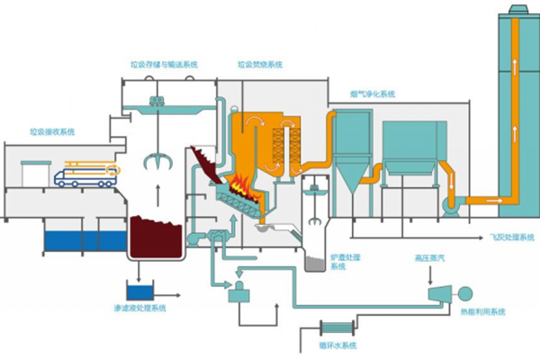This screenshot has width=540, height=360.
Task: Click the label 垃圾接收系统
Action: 51,131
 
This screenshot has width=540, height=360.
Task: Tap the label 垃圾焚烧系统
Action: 260,65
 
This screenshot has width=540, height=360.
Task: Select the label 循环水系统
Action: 338,346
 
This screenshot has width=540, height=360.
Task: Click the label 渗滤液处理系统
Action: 140,309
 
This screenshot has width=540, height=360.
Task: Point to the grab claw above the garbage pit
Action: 158,161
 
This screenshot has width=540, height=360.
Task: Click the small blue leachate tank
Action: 139,290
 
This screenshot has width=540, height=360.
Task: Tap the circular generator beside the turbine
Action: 466,292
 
